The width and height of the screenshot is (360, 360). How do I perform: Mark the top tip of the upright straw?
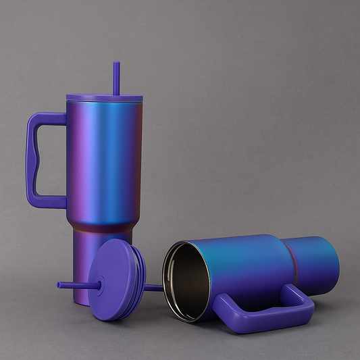tap(116, 64)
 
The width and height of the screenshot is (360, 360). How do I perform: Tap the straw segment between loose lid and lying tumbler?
tap(153, 288)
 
